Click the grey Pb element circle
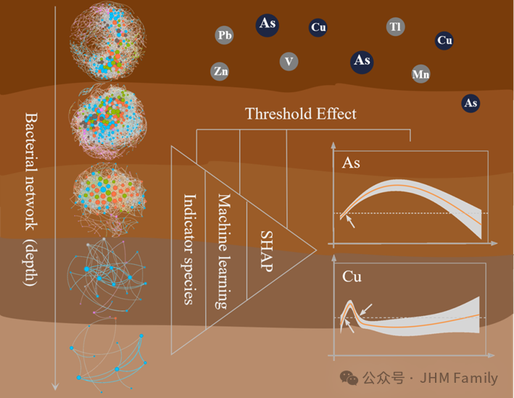(225, 35)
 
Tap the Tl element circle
(395, 27)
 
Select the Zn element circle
(221, 71)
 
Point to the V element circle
(289, 62)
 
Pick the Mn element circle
(420, 74)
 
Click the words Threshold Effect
(300, 114)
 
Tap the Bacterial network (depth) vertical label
(30, 198)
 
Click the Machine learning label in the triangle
(224, 250)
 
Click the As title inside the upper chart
(351, 164)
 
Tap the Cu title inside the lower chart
(352, 276)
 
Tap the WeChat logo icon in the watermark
(349, 378)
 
